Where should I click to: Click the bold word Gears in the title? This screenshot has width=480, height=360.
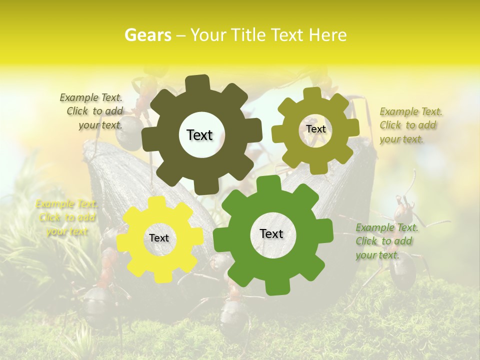(148, 35)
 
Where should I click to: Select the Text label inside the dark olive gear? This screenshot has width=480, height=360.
(199, 135)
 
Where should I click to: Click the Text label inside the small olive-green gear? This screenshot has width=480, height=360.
(315, 129)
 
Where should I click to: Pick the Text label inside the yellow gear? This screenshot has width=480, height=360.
(159, 238)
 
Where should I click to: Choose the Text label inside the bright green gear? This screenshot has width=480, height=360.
(271, 233)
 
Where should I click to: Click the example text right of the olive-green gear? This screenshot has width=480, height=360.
(410, 125)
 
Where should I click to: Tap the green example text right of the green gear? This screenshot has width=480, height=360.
(386, 241)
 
